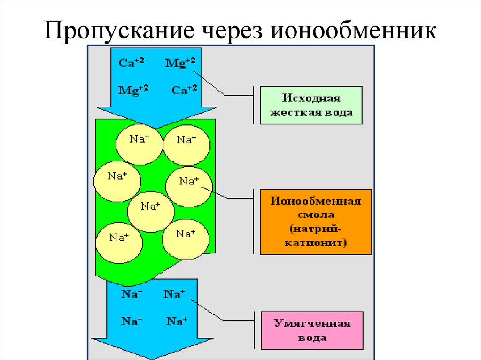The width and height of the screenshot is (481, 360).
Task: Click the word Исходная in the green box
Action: pyautogui.click(x=311, y=99)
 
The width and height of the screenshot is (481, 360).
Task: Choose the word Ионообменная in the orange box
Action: pyautogui.click(x=316, y=201)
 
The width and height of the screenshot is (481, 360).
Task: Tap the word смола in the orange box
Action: pyautogui.click(x=316, y=215)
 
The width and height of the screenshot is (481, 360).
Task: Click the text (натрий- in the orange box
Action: pyautogui.click(x=316, y=229)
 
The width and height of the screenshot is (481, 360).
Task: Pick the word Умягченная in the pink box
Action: pyautogui.click(x=312, y=323)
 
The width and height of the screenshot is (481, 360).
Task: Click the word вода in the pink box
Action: pyautogui.click(x=312, y=337)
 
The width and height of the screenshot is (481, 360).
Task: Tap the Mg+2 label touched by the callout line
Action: pyautogui.click(x=180, y=62)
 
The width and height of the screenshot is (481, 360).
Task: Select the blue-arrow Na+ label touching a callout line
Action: pyautogui.click(x=174, y=294)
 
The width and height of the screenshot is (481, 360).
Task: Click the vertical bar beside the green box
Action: pyautogui.click(x=254, y=105)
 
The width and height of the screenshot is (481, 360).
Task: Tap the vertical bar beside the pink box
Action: pyautogui.click(x=254, y=330)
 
